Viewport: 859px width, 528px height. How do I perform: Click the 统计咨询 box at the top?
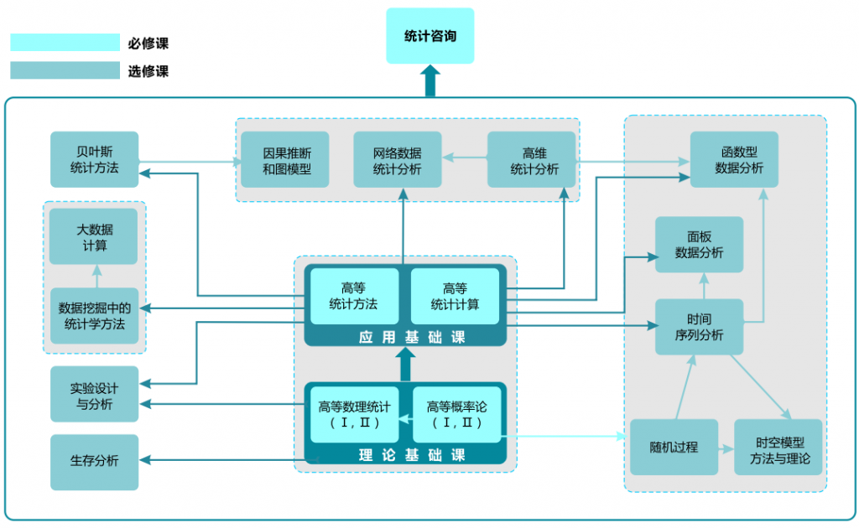(429, 36)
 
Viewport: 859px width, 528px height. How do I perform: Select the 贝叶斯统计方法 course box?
(94, 159)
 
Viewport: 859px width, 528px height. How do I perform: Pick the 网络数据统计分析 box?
(397, 159)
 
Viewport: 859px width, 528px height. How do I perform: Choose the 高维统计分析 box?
(532, 159)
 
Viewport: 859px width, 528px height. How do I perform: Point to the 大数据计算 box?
(94, 236)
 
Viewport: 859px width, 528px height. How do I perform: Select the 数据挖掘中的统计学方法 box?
(94, 315)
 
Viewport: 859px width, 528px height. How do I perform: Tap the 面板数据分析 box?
(699, 245)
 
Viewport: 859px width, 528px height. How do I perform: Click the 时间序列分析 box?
(699, 327)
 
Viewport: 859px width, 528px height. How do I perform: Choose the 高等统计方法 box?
(353, 296)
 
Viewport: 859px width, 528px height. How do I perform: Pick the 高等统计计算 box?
(455, 296)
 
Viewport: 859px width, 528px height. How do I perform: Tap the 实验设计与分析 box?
(94, 396)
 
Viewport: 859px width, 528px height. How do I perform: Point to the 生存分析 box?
(94, 462)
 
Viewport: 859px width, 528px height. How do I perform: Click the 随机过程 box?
(674, 447)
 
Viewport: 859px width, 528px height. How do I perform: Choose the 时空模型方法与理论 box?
(778, 447)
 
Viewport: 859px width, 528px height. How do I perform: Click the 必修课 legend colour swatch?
(65, 43)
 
